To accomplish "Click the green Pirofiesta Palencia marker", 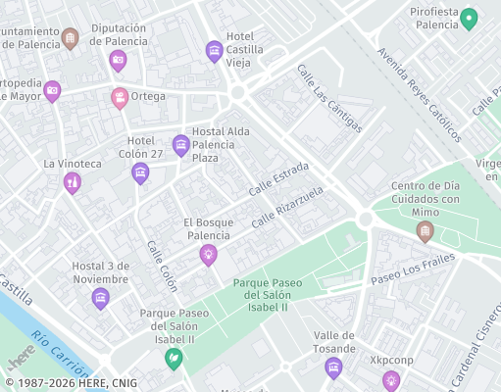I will pos(469,18).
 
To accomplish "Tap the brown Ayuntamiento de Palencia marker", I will pos(70,38).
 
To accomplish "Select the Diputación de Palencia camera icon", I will pos(119,61).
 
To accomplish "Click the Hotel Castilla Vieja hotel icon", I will pos(214,51).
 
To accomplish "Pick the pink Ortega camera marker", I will pos(120,97).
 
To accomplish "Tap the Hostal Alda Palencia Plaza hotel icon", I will pos(181,146).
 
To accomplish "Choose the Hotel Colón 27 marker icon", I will pos(140,173).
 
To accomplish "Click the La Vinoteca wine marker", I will pos(72,182).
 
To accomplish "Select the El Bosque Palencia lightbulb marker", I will pos(208,255).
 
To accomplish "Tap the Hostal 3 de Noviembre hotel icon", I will pos(100,298).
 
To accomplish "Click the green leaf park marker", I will pos(174,359).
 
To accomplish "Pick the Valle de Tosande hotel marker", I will pos(333,367).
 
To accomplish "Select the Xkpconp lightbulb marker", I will pos(391,380).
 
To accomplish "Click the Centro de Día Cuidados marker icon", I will pos(425,231).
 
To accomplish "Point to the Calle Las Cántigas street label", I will pos(329,98).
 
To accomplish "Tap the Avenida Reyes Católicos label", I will pos(419,95).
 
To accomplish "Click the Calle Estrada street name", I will pos(278,177).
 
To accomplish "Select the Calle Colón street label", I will pos(162,266).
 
